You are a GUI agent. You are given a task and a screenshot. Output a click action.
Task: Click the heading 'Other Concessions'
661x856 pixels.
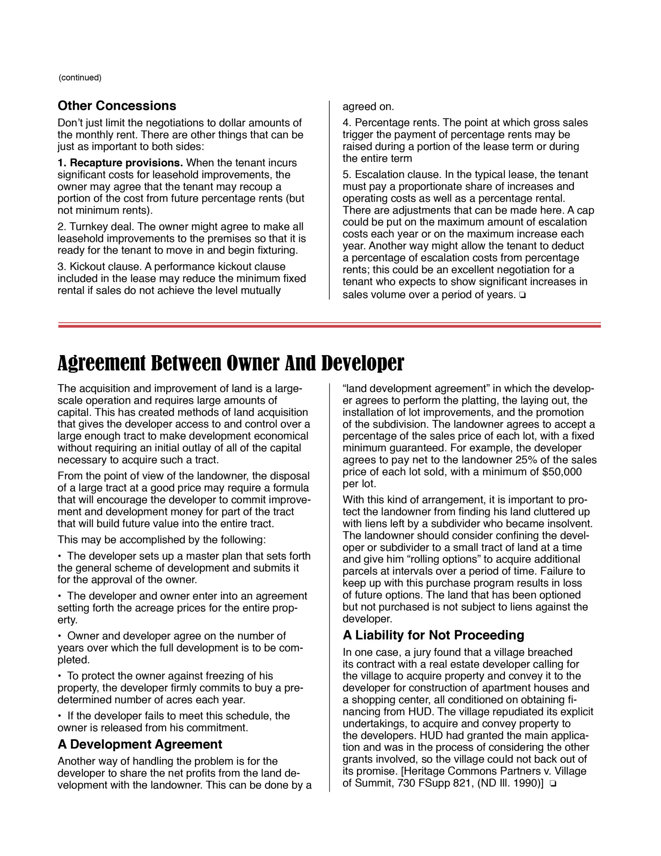[117, 106]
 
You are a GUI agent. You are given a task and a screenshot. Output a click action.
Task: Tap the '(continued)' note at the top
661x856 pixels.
[80, 78]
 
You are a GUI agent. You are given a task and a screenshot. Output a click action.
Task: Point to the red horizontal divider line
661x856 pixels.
[329, 325]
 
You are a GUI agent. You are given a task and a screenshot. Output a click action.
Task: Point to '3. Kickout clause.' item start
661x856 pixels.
[100, 266]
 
